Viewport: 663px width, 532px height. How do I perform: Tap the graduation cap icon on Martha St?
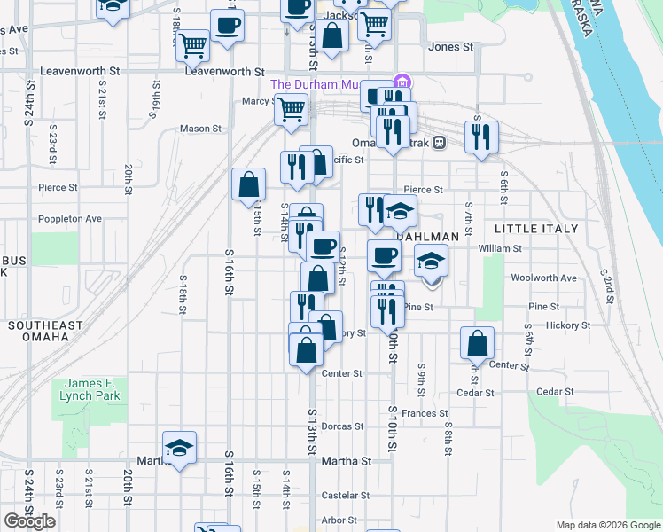[179, 448]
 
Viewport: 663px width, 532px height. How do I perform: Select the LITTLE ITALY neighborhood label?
[535, 229]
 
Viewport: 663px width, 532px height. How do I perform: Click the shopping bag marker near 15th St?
[249, 184]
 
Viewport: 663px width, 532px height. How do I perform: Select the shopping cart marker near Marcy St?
[291, 110]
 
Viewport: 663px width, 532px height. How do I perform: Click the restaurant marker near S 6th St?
[481, 137]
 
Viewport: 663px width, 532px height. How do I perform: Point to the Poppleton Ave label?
[70, 218]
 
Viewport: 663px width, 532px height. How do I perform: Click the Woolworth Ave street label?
[543, 278]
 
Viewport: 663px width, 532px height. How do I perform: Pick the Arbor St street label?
[339, 520]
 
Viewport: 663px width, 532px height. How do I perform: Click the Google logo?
[29, 521]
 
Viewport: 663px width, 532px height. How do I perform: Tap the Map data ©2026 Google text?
[607, 525]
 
